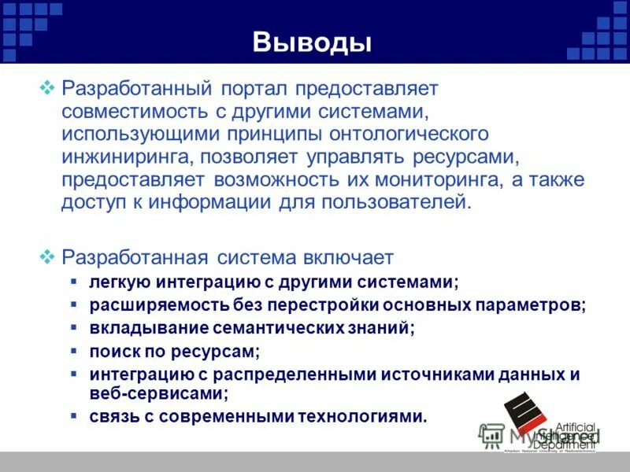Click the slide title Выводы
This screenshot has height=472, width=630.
(x=312, y=41)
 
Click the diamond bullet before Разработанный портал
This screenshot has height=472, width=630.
(x=46, y=87)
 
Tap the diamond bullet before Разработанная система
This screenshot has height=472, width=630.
(x=46, y=256)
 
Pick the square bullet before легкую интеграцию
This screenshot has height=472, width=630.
(x=73, y=280)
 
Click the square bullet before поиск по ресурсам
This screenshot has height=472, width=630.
(x=73, y=350)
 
